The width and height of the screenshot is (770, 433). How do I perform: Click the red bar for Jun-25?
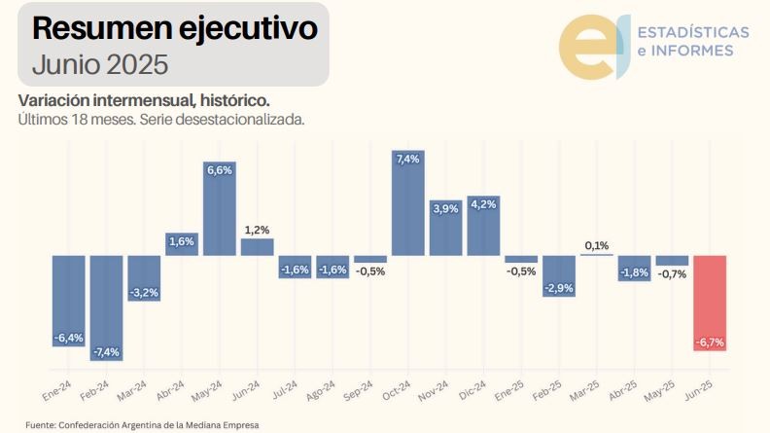pos(710,303)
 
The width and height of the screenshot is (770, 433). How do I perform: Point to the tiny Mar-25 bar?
pos(597,255)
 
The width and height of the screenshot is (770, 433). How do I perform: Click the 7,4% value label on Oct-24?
pos(408,159)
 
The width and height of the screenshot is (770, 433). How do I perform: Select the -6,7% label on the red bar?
pos(710,343)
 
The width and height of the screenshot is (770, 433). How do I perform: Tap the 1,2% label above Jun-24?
pos(257,230)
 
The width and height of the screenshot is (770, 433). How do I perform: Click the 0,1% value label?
pos(597,245)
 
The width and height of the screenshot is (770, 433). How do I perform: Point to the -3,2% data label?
pos(144,292)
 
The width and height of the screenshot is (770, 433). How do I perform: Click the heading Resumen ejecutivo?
pos(174,29)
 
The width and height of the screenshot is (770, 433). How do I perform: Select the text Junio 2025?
pos(100,64)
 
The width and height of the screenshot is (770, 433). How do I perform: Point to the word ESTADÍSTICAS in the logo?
pos(691,32)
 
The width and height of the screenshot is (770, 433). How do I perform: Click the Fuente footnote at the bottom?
pos(142,425)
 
